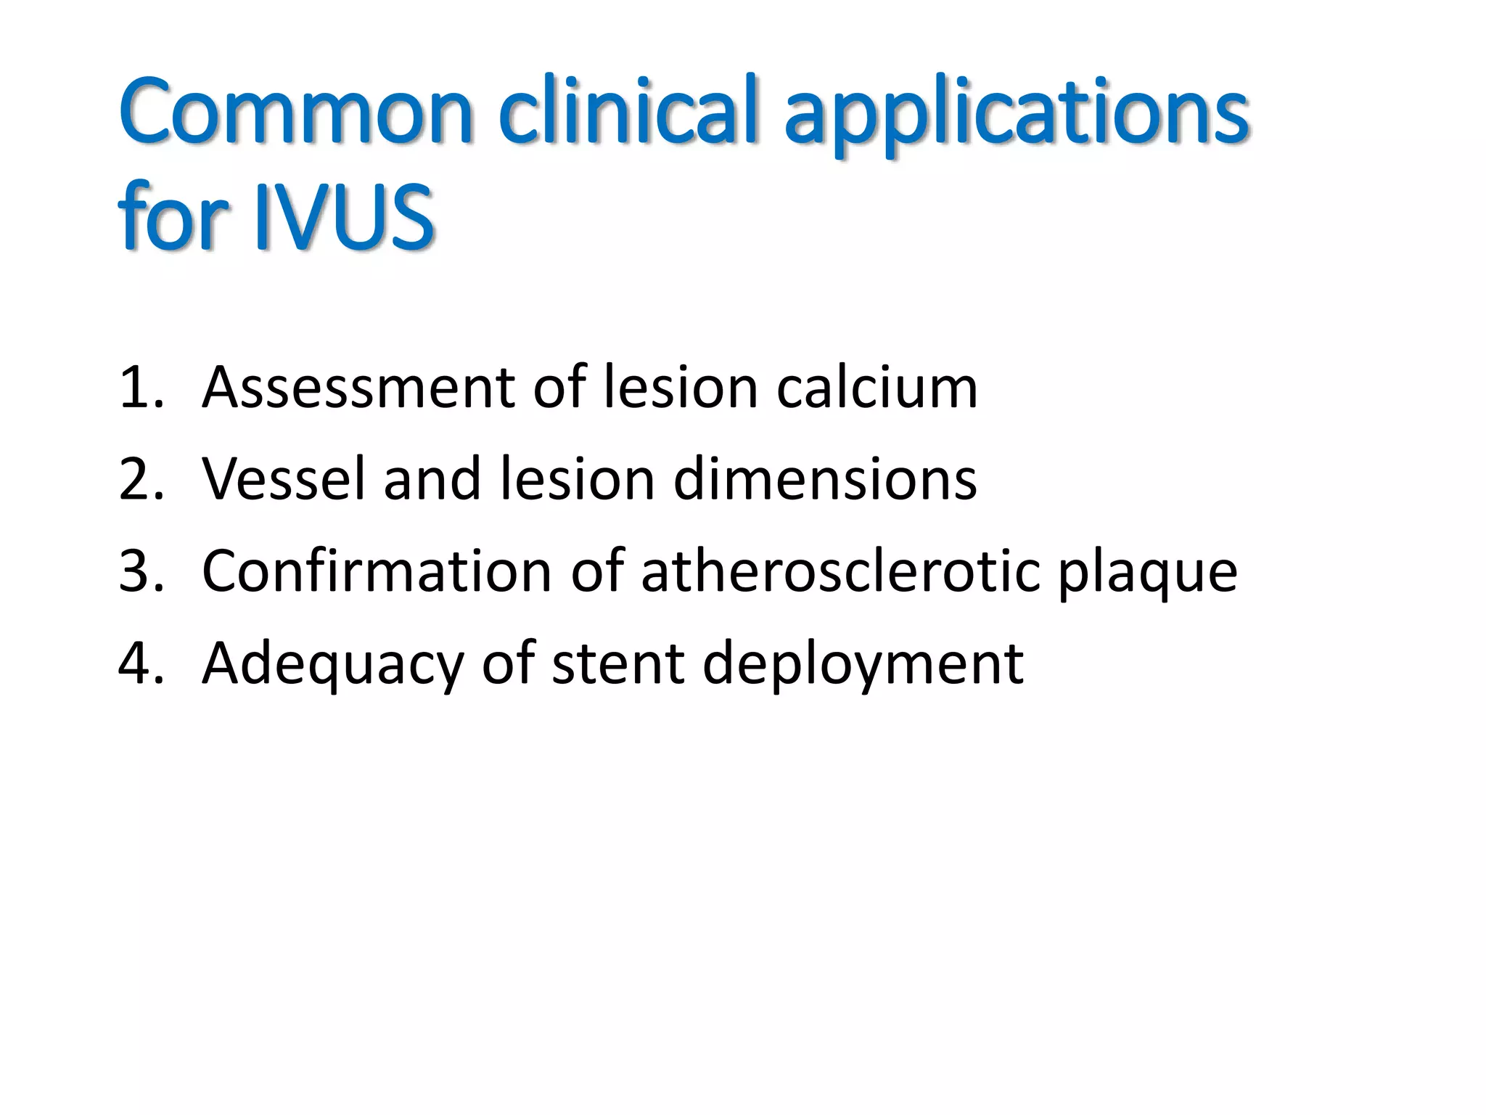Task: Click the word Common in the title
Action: point(296,113)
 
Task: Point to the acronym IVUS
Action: point(344,216)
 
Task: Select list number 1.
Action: point(141,388)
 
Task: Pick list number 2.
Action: point(141,479)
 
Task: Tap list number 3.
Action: point(141,571)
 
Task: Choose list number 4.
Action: point(141,663)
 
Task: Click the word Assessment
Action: point(358,388)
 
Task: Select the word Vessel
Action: point(284,479)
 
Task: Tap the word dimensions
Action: point(825,479)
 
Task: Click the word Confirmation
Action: point(377,571)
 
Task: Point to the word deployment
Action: point(863,666)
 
